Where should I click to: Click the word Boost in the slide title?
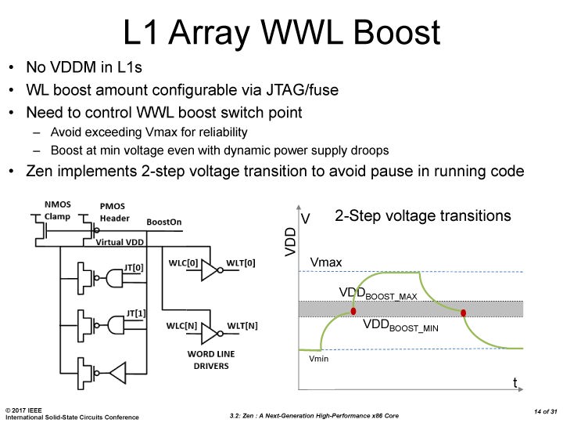(x=396, y=32)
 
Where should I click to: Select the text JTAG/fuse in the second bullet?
(x=302, y=90)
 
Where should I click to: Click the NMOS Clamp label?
(x=57, y=211)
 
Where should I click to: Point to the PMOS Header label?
(x=114, y=212)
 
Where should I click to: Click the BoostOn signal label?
(x=164, y=222)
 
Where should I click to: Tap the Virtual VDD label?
(x=120, y=242)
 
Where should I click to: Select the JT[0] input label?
(x=134, y=268)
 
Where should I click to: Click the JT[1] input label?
(x=136, y=313)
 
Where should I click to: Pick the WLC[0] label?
(x=183, y=263)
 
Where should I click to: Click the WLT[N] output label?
(x=242, y=326)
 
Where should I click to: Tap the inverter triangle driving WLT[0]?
(x=210, y=270)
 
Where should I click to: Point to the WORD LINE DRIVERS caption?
(x=211, y=360)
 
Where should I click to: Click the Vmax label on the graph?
(x=325, y=262)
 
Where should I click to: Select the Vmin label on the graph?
(x=318, y=359)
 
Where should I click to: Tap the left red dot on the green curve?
(x=353, y=311)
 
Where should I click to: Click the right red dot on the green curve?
(x=463, y=313)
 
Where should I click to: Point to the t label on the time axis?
(x=515, y=382)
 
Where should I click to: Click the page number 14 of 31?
(x=546, y=411)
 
